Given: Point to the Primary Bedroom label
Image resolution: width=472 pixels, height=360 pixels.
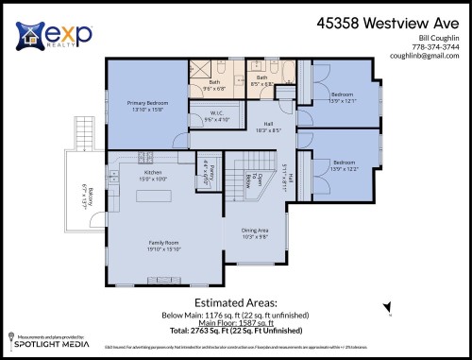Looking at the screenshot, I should pyautogui.click(x=144, y=104).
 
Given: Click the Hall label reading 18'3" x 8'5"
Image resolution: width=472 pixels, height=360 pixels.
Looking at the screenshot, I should pyautogui.click(x=267, y=127).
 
